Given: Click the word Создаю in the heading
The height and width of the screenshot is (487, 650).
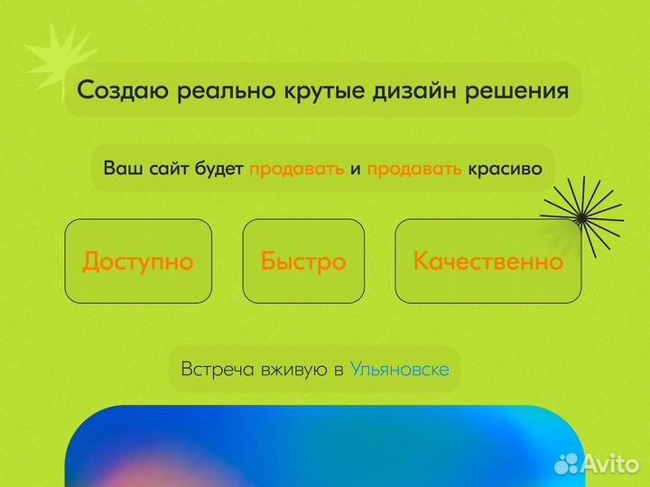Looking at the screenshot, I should tap(122, 90).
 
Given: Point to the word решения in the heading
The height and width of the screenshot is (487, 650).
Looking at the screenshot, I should tap(523, 90).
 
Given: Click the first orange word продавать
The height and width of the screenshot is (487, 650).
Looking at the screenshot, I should tap(296, 169).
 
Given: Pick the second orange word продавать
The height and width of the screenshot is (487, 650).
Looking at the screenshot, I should tap(415, 169).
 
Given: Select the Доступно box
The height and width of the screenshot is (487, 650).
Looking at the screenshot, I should tap(138, 261).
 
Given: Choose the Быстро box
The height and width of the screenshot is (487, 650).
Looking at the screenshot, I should tap(303, 261).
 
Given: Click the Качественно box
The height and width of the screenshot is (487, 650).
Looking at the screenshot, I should tap(487, 261).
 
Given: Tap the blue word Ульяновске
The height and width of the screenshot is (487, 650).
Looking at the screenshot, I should tap(399, 369).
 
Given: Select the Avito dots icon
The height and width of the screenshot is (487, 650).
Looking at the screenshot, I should tap(566, 464).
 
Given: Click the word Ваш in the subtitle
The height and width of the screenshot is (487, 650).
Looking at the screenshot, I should tap(121, 169).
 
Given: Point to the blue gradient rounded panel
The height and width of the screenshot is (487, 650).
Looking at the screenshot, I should tap(316, 451).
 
